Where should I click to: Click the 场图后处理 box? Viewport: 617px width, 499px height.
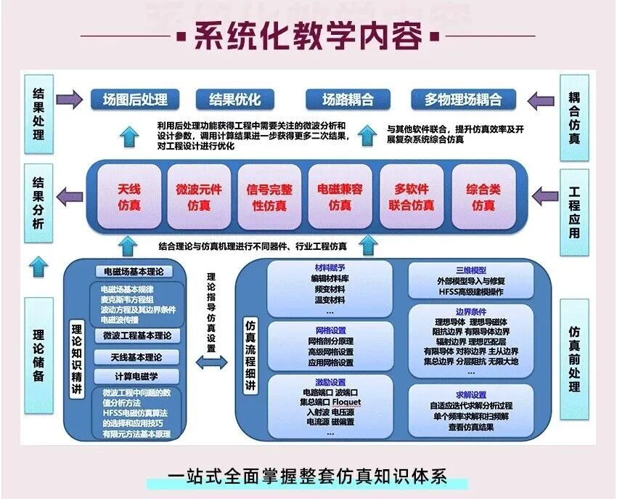pyautogui.click(x=136, y=99)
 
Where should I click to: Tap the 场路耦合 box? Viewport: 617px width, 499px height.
pyautogui.click(x=348, y=99)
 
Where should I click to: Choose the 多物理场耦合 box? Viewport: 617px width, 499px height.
pyautogui.click(x=462, y=99)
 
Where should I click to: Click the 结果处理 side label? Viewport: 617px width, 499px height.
pyautogui.click(x=39, y=114)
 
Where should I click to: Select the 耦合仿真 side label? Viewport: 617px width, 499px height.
pyautogui.click(x=574, y=116)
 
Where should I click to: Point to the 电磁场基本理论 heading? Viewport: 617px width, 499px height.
pyautogui.click(x=134, y=272)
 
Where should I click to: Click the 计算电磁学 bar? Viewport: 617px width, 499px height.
pyautogui.click(x=136, y=376)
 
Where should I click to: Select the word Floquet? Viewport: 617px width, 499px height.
pyautogui.click(x=346, y=402)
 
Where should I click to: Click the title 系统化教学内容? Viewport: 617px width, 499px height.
pyautogui.click(x=308, y=36)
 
